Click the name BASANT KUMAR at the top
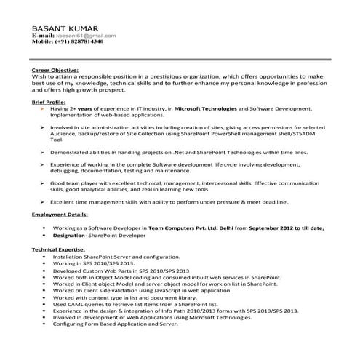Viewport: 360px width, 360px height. tap(65, 28)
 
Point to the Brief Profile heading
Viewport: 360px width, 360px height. tap(49, 103)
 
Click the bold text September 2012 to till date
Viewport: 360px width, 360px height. tap(279, 228)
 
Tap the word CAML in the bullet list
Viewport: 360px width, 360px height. tap(74, 303)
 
